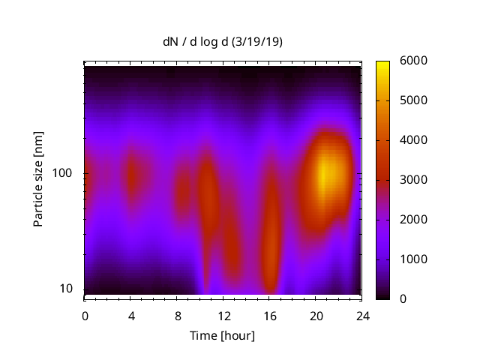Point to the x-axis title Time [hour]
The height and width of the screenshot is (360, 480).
coord(222,335)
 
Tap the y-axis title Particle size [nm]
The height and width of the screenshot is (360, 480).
coord(38,180)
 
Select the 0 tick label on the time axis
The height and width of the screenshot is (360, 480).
coord(85,315)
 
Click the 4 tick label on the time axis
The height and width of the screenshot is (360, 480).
coord(130,315)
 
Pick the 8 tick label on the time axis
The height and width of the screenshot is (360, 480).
coord(177,315)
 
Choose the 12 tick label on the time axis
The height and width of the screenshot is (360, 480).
coord(223,315)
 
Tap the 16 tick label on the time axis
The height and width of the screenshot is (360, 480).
coord(270,315)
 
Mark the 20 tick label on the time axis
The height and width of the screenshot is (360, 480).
coord(316,315)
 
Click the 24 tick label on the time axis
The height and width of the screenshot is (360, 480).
coord(362,315)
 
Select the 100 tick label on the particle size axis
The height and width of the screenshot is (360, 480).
coord(61,173)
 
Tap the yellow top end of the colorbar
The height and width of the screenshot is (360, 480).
coord(382,64)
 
